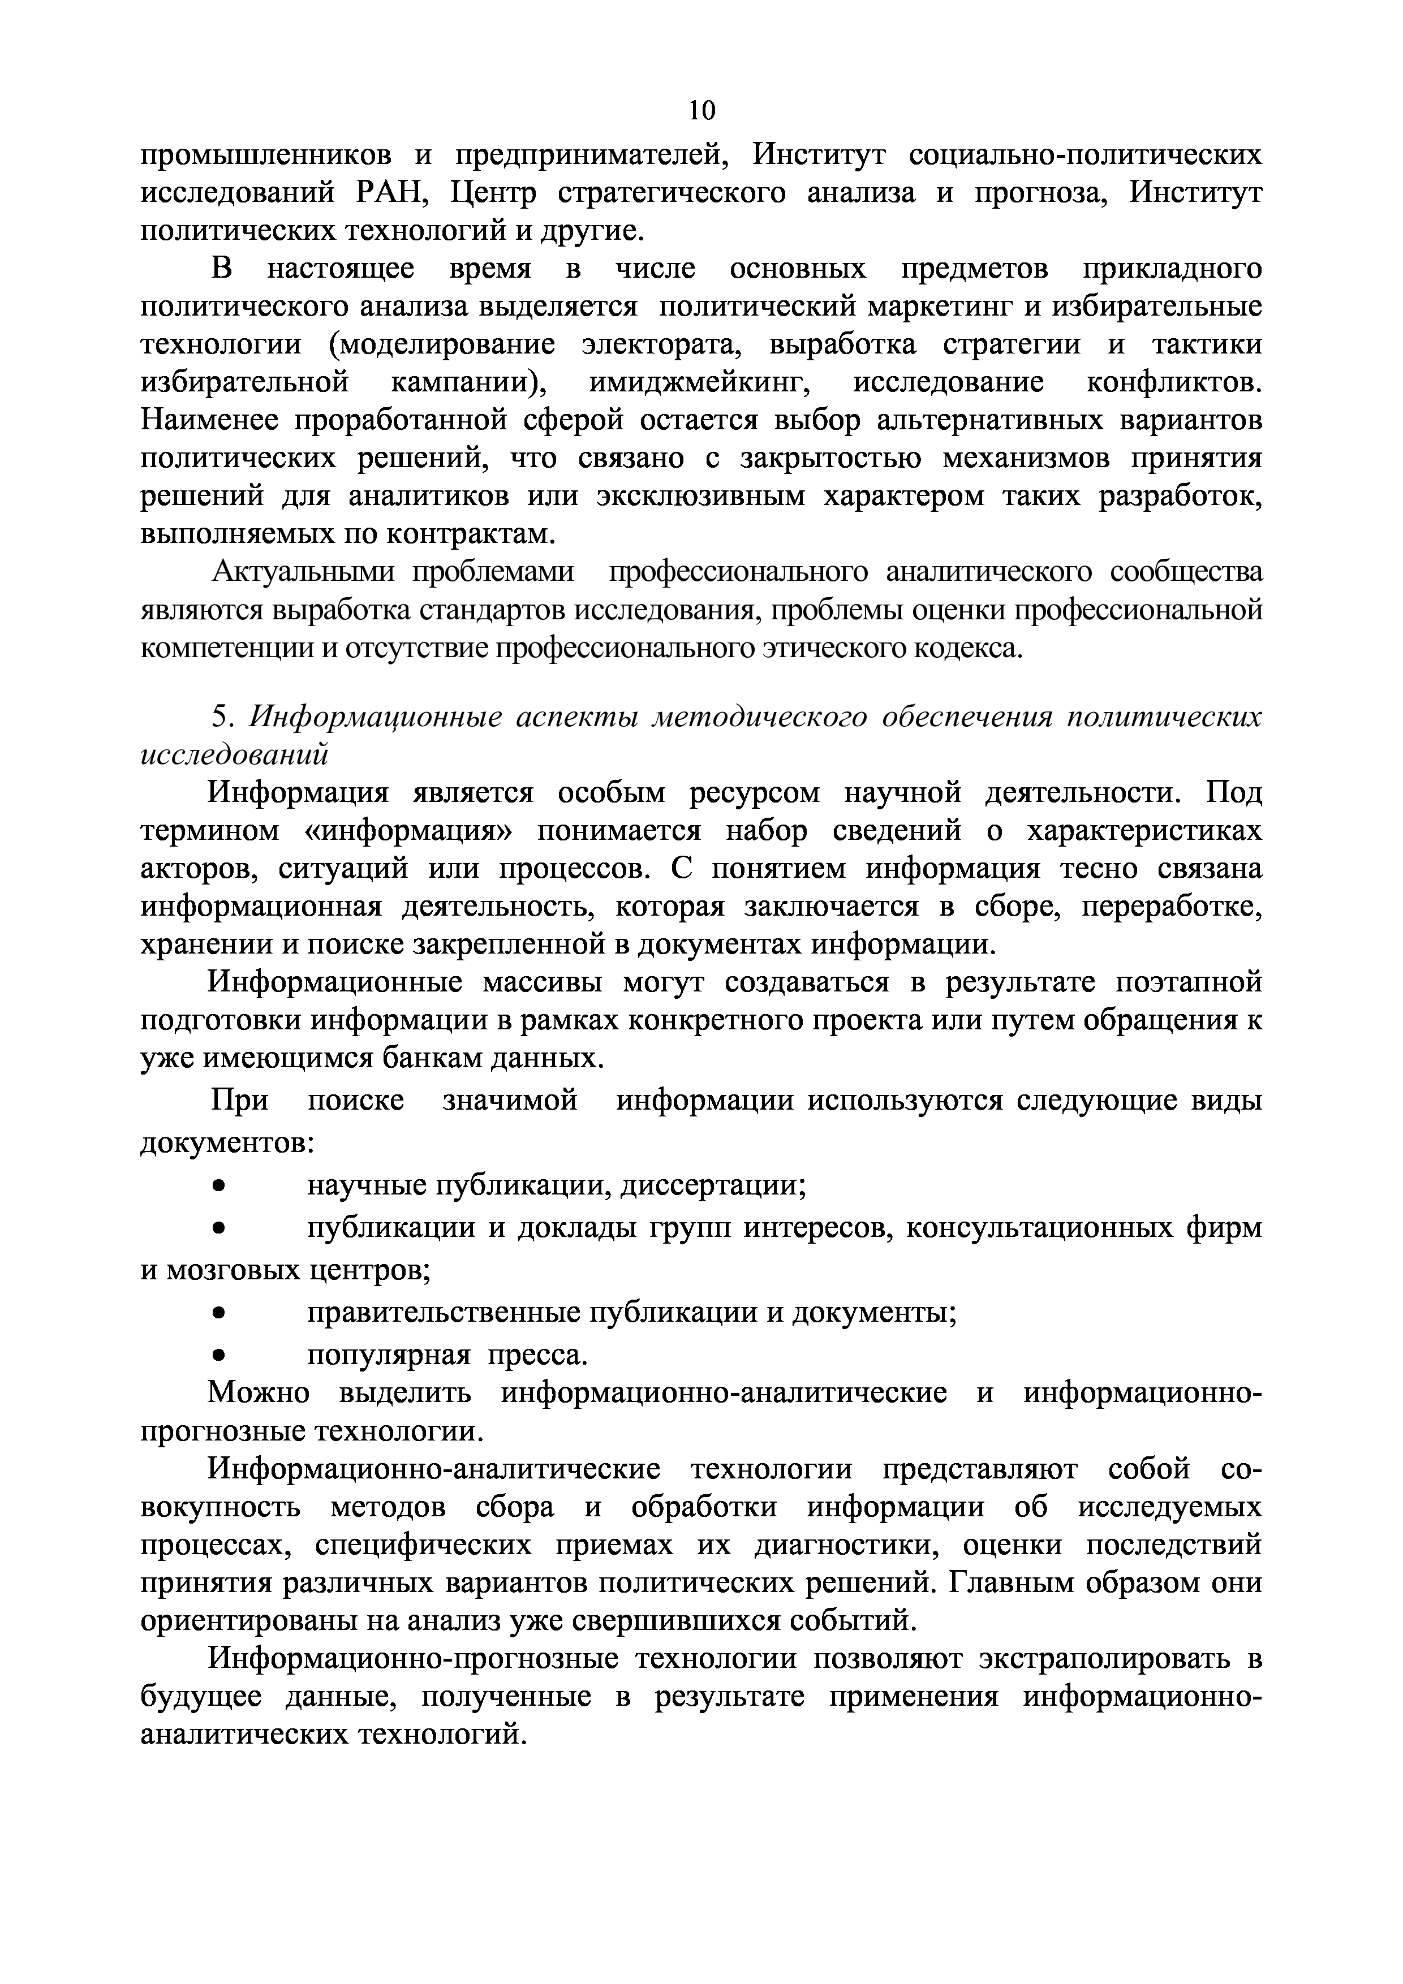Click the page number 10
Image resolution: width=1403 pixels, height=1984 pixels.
[701, 110]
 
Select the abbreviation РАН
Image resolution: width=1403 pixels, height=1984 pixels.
[388, 193]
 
